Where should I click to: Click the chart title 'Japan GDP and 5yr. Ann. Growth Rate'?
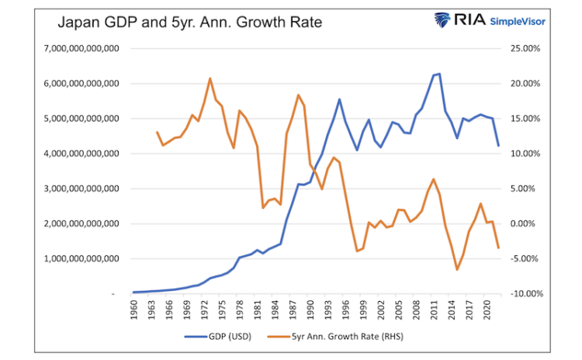189,22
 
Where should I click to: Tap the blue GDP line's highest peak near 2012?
439,74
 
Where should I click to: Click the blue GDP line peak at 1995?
339,99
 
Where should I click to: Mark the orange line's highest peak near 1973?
210,78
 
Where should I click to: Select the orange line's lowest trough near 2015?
457,270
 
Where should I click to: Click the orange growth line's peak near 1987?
298,95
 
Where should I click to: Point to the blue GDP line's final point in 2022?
498,146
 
